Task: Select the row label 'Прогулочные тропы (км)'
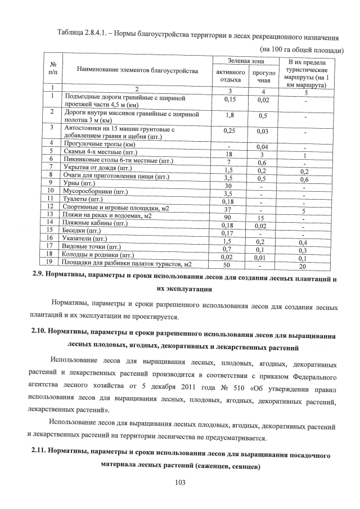click(101, 145)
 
